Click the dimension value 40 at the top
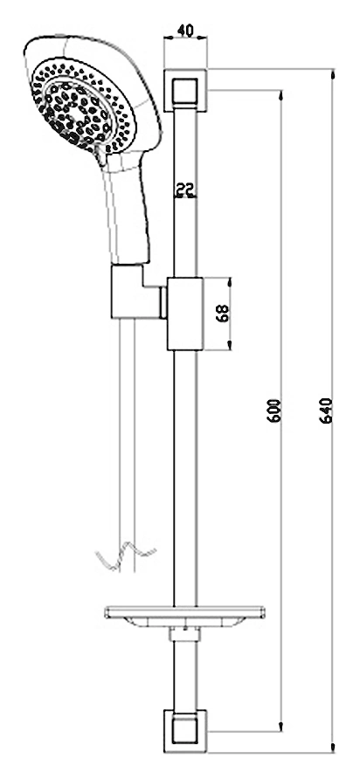coord(185,30)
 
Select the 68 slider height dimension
coord(223,314)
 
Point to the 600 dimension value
coord(274,411)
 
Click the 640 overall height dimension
coord(326,411)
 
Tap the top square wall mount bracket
coord(185,90)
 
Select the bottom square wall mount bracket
coord(185,731)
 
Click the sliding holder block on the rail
coord(185,314)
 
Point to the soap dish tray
coord(184,617)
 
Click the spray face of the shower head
coord(83,106)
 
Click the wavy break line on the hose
coord(126,556)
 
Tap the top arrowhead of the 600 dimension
coord(281,96)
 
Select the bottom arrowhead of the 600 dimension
coord(281,726)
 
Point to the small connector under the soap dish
coord(184,634)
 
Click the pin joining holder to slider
coord(163,302)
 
